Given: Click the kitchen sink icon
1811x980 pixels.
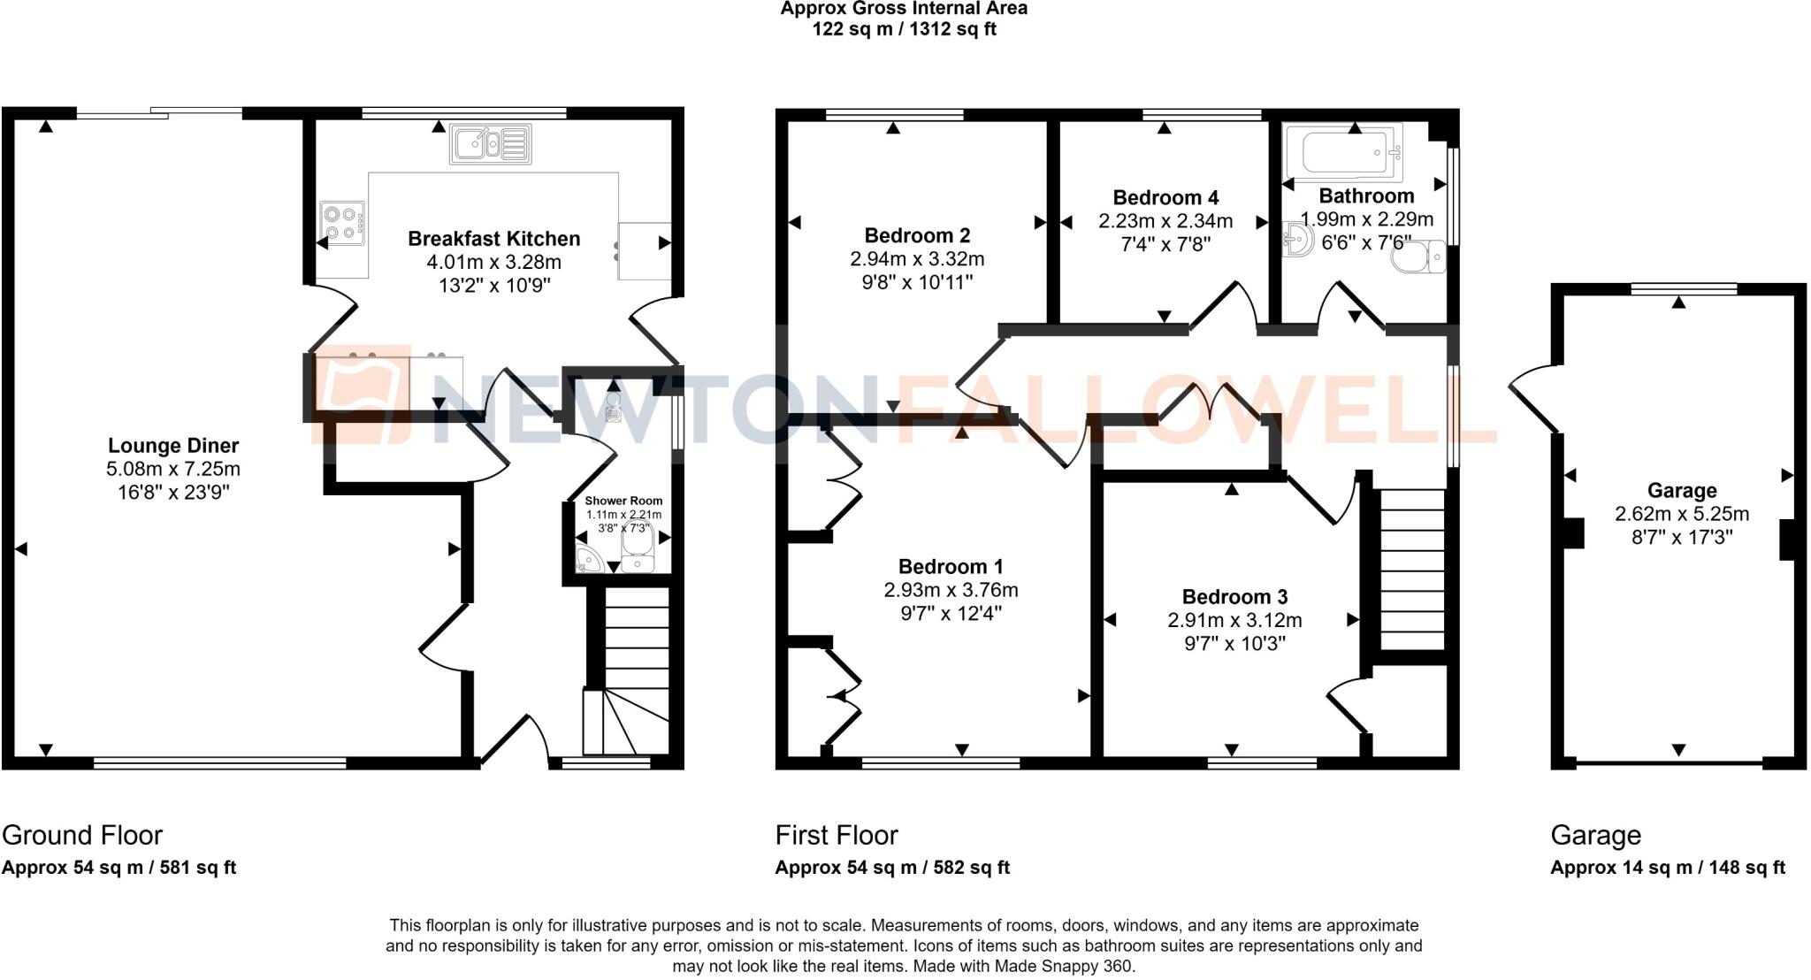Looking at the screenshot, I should [x=491, y=143].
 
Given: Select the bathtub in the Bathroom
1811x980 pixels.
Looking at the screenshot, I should [x=1341, y=152].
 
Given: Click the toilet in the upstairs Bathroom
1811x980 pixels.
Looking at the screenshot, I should [x=1417, y=258].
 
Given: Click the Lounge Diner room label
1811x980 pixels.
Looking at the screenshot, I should [x=173, y=446].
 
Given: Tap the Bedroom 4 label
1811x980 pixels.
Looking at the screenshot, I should [x=1165, y=197].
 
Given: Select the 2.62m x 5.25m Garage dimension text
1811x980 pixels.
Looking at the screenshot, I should [x=1681, y=514].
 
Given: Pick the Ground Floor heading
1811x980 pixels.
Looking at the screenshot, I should [x=82, y=835].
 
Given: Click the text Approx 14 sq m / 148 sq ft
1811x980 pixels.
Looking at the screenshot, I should [x=1667, y=868].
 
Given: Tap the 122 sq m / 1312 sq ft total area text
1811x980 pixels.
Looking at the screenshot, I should [x=904, y=29].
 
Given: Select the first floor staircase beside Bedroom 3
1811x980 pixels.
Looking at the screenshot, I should [x=1411, y=570].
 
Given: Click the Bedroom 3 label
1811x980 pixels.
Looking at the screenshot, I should [x=1234, y=597].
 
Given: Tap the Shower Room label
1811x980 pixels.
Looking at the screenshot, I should [x=623, y=501].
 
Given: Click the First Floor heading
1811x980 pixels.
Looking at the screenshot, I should [x=836, y=835].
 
